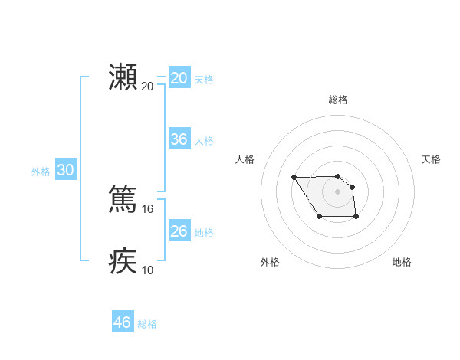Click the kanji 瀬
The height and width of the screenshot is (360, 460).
click(123, 77)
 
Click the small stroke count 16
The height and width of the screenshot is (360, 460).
click(148, 208)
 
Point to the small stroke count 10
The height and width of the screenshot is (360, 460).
click(148, 270)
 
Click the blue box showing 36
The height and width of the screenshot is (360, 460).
click(179, 139)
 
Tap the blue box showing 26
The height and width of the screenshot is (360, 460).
click(179, 231)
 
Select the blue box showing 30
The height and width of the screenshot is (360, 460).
click(65, 171)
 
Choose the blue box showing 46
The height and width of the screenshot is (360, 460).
click(123, 322)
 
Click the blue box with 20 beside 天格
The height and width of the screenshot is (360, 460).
click(179, 78)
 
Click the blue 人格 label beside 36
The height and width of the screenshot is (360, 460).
click(204, 141)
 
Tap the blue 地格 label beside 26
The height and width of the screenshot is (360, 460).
click(204, 233)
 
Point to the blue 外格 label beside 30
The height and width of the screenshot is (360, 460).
click(41, 172)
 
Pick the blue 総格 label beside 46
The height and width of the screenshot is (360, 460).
click(147, 324)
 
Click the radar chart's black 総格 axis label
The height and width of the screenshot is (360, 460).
click(338, 100)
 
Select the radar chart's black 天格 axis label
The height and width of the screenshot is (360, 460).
click(432, 159)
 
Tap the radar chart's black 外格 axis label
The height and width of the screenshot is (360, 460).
click(270, 262)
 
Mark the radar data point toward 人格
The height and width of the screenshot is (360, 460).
click(294, 178)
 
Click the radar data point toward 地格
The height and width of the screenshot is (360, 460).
click(356, 218)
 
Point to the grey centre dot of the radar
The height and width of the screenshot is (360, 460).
click(338, 191)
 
